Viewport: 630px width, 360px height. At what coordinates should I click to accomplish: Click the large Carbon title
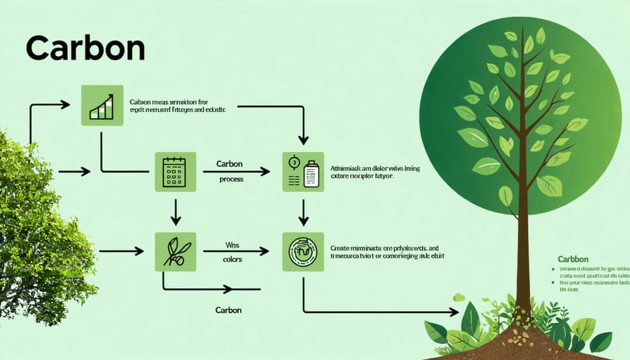point(85,49)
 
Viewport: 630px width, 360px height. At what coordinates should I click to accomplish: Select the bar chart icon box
point(102,106)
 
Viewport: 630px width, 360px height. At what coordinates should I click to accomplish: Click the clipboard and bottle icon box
point(303,172)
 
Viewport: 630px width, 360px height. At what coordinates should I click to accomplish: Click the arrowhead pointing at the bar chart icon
point(65,105)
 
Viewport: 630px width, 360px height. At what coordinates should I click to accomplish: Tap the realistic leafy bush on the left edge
point(31,231)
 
